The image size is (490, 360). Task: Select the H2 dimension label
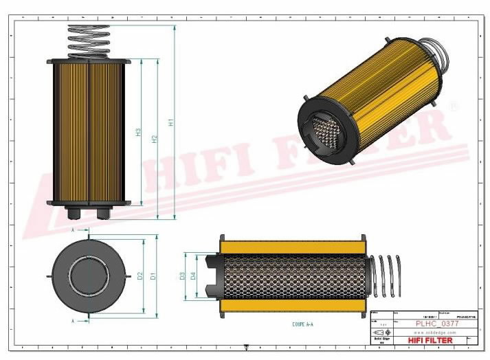155,137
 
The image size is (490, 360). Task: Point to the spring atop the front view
89,42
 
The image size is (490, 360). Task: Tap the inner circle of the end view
89,275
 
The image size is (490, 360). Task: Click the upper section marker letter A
73,231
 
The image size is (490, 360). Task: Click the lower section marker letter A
73,320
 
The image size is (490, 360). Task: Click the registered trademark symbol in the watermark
453,106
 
